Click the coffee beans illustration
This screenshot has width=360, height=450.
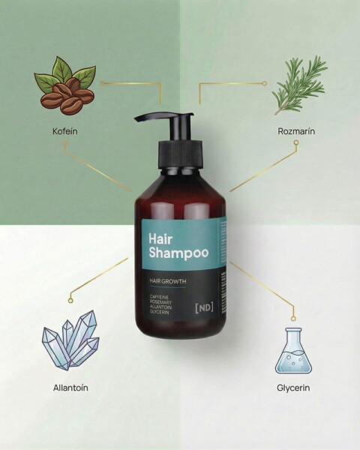coord(65,86)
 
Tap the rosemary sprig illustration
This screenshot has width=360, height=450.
coord(300,85)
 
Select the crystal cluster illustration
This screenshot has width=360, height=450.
coord(70,340)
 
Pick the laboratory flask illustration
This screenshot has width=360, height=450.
coord(293,351)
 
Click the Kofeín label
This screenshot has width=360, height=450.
coord(65,131)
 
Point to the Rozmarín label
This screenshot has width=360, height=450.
coord(296,131)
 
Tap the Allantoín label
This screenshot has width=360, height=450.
coord(70,388)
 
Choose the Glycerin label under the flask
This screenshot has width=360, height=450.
coord(293,388)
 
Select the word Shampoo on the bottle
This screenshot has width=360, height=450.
coord(178,253)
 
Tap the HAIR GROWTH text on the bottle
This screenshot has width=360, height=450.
coord(168,281)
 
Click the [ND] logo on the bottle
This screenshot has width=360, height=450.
coord(205,307)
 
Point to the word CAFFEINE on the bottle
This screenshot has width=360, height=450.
coord(159,297)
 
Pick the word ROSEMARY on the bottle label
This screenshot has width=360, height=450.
coord(160,302)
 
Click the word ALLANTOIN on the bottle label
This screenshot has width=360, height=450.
coord(160,307)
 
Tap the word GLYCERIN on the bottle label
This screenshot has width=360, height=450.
coord(159,312)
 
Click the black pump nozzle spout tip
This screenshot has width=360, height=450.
coord(136,118)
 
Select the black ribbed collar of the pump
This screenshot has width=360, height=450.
coord(181,154)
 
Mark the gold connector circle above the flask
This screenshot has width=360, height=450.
coord(293,318)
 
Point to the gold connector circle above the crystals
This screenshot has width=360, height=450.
coord(70,300)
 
